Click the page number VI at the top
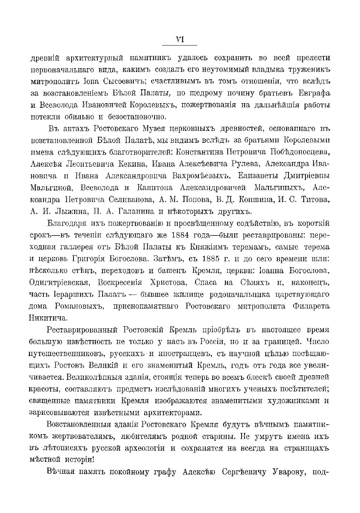[x=180, y=39]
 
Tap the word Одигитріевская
[x=60, y=282]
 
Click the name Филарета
[x=312, y=306]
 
